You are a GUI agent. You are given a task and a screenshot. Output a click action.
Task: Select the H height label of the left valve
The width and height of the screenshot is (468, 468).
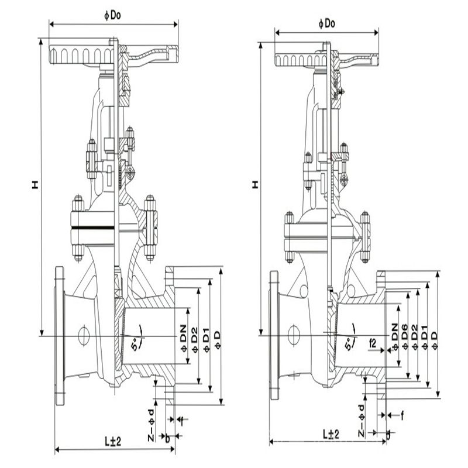35,185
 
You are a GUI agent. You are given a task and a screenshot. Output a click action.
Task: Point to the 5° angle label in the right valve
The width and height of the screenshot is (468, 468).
351,344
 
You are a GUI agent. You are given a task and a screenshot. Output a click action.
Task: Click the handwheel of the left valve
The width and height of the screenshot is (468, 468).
82,56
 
